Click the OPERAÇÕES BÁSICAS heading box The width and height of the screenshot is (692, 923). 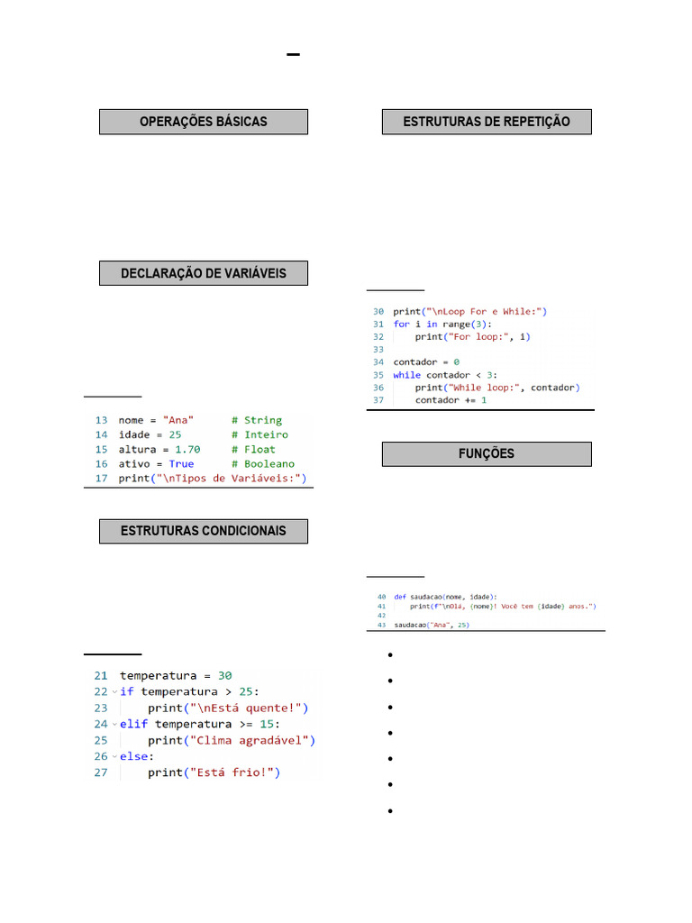click(204, 122)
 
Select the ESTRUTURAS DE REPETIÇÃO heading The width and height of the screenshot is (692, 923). click(487, 122)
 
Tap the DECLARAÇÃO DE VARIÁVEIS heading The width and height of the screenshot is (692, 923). click(204, 273)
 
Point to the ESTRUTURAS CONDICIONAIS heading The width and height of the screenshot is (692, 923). click(204, 531)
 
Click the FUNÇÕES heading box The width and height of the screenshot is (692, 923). click(487, 453)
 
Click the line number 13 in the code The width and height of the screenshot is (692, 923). click(101, 420)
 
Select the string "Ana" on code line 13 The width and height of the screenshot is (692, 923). click(178, 420)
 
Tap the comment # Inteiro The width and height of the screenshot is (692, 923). click(259, 434)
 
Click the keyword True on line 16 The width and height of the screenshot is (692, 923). click(181, 463)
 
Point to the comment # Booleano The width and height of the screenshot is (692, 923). click(262, 463)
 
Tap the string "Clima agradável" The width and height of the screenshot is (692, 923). click(251, 740)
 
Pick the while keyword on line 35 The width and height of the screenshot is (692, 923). click(407, 374)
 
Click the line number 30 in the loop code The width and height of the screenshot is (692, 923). click(378, 311)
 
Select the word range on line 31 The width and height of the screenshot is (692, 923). click(456, 324)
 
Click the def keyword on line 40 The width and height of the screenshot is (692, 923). click(399, 597)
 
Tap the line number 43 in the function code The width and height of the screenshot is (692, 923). click(381, 625)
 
